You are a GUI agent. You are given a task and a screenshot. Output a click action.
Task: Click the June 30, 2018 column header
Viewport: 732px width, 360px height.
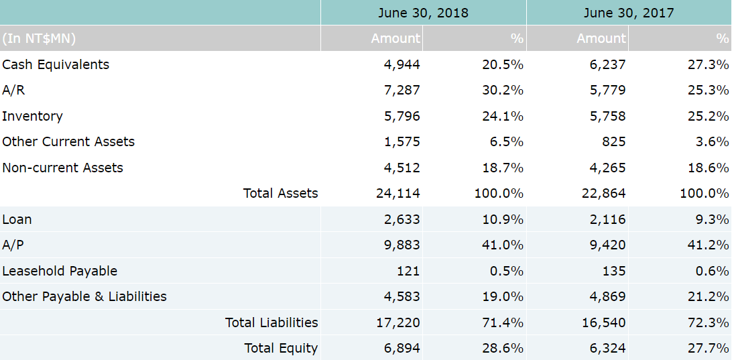[423, 13]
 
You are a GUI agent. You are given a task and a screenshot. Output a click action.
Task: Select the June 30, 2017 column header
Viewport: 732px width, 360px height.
[629, 13]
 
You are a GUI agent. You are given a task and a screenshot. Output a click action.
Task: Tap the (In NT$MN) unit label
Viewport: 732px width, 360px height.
[39, 38]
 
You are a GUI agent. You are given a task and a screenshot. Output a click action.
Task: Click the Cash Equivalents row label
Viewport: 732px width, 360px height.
[56, 64]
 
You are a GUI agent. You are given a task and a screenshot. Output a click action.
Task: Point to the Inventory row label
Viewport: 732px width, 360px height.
[32, 116]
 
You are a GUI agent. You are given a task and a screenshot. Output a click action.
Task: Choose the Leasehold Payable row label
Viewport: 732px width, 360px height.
[60, 271]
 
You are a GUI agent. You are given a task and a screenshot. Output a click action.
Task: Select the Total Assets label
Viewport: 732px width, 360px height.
[280, 193]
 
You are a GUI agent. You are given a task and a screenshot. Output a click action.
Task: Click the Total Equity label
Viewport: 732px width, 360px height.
[281, 348]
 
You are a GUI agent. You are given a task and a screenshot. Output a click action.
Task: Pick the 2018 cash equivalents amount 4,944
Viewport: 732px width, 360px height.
[402, 64]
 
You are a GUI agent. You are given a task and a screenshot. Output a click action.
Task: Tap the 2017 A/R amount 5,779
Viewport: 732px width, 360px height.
[607, 90]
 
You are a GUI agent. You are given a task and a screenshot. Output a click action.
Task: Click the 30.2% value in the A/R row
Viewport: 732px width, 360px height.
[503, 90]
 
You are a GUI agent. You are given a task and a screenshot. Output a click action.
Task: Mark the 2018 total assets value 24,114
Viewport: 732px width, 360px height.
[398, 193]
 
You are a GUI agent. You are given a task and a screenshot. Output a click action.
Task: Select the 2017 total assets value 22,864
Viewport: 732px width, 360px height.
[604, 193]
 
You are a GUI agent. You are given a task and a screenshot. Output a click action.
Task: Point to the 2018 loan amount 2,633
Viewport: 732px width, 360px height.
[402, 219]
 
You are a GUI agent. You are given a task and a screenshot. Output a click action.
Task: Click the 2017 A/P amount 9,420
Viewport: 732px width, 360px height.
[607, 245]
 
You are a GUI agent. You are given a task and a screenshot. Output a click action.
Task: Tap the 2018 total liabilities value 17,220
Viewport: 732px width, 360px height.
[398, 322]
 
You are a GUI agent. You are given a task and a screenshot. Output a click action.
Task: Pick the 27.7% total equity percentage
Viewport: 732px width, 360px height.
[709, 348]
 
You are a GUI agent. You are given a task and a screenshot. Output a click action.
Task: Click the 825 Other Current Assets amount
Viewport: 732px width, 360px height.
[614, 141]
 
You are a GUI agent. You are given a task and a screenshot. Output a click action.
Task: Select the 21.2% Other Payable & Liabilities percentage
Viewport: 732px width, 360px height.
[709, 296]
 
